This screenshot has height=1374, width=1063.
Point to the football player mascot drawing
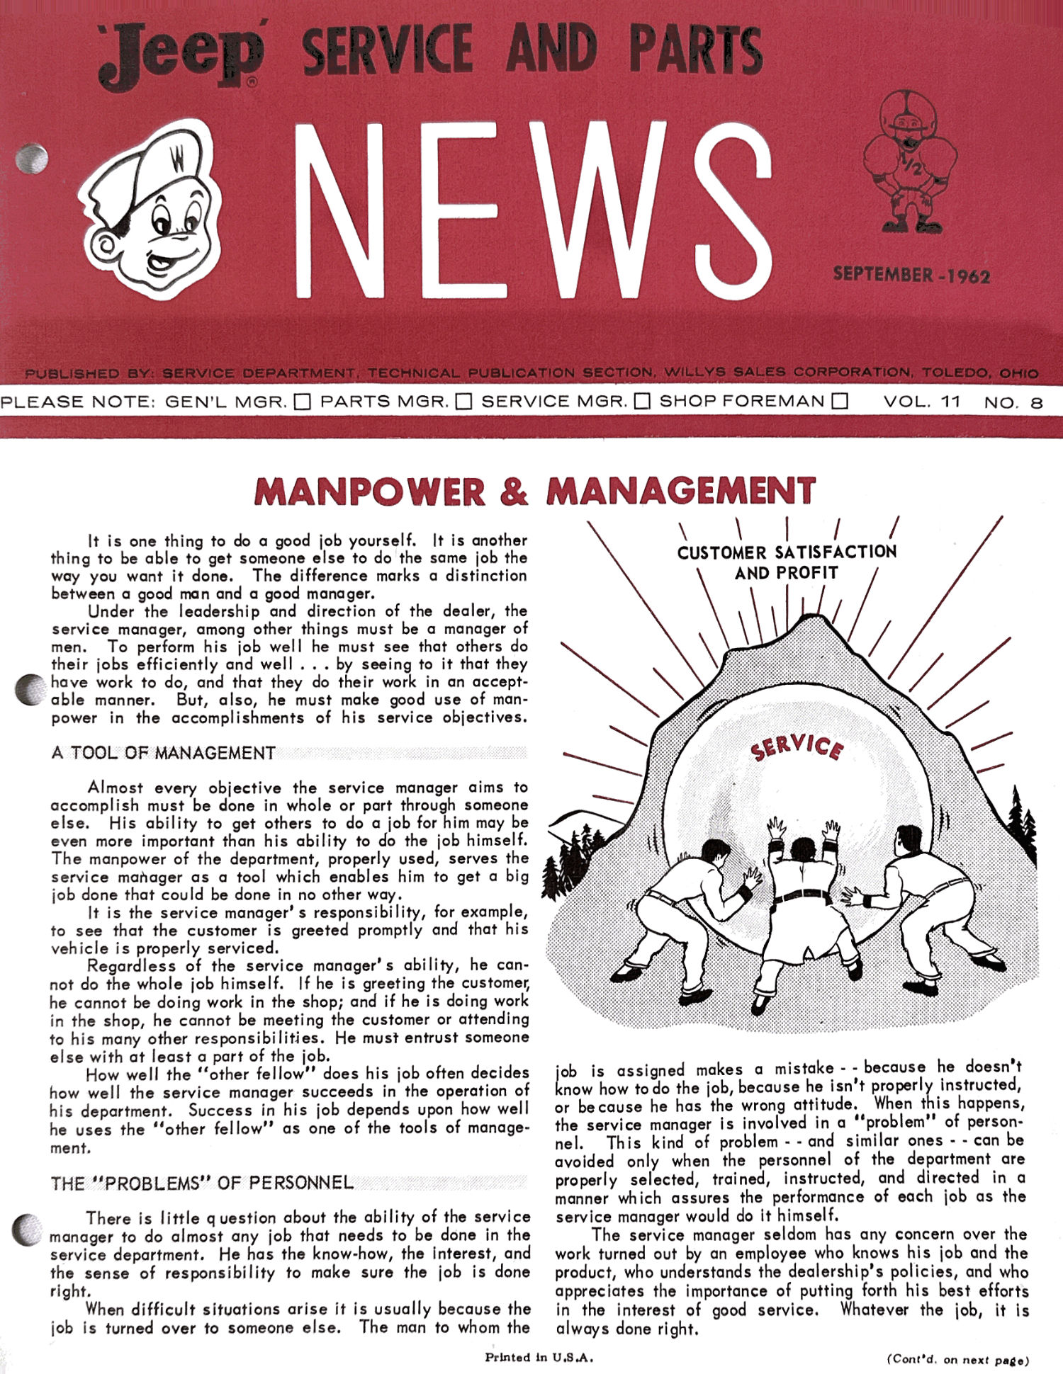click(x=909, y=161)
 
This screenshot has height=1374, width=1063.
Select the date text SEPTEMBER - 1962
click(x=911, y=275)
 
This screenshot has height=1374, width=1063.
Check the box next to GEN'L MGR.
click(x=303, y=402)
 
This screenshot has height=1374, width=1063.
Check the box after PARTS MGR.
click(x=463, y=402)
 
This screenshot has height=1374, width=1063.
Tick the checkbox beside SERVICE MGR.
click(x=642, y=402)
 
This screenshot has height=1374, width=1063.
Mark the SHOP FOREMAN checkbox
click(x=840, y=402)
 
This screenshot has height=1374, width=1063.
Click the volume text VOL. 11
click(x=921, y=402)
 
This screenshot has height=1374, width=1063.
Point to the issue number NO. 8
click(x=1013, y=402)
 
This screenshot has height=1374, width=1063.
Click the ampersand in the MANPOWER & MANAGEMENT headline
click(x=514, y=492)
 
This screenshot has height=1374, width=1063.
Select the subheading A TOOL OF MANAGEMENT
click(x=163, y=752)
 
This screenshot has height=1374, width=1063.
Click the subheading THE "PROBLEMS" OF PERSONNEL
click(x=202, y=1183)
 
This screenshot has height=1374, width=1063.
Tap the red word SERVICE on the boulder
click(x=797, y=747)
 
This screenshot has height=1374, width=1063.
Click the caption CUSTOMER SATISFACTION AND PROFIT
click(x=787, y=562)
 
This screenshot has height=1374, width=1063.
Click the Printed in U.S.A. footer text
click(x=539, y=1358)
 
